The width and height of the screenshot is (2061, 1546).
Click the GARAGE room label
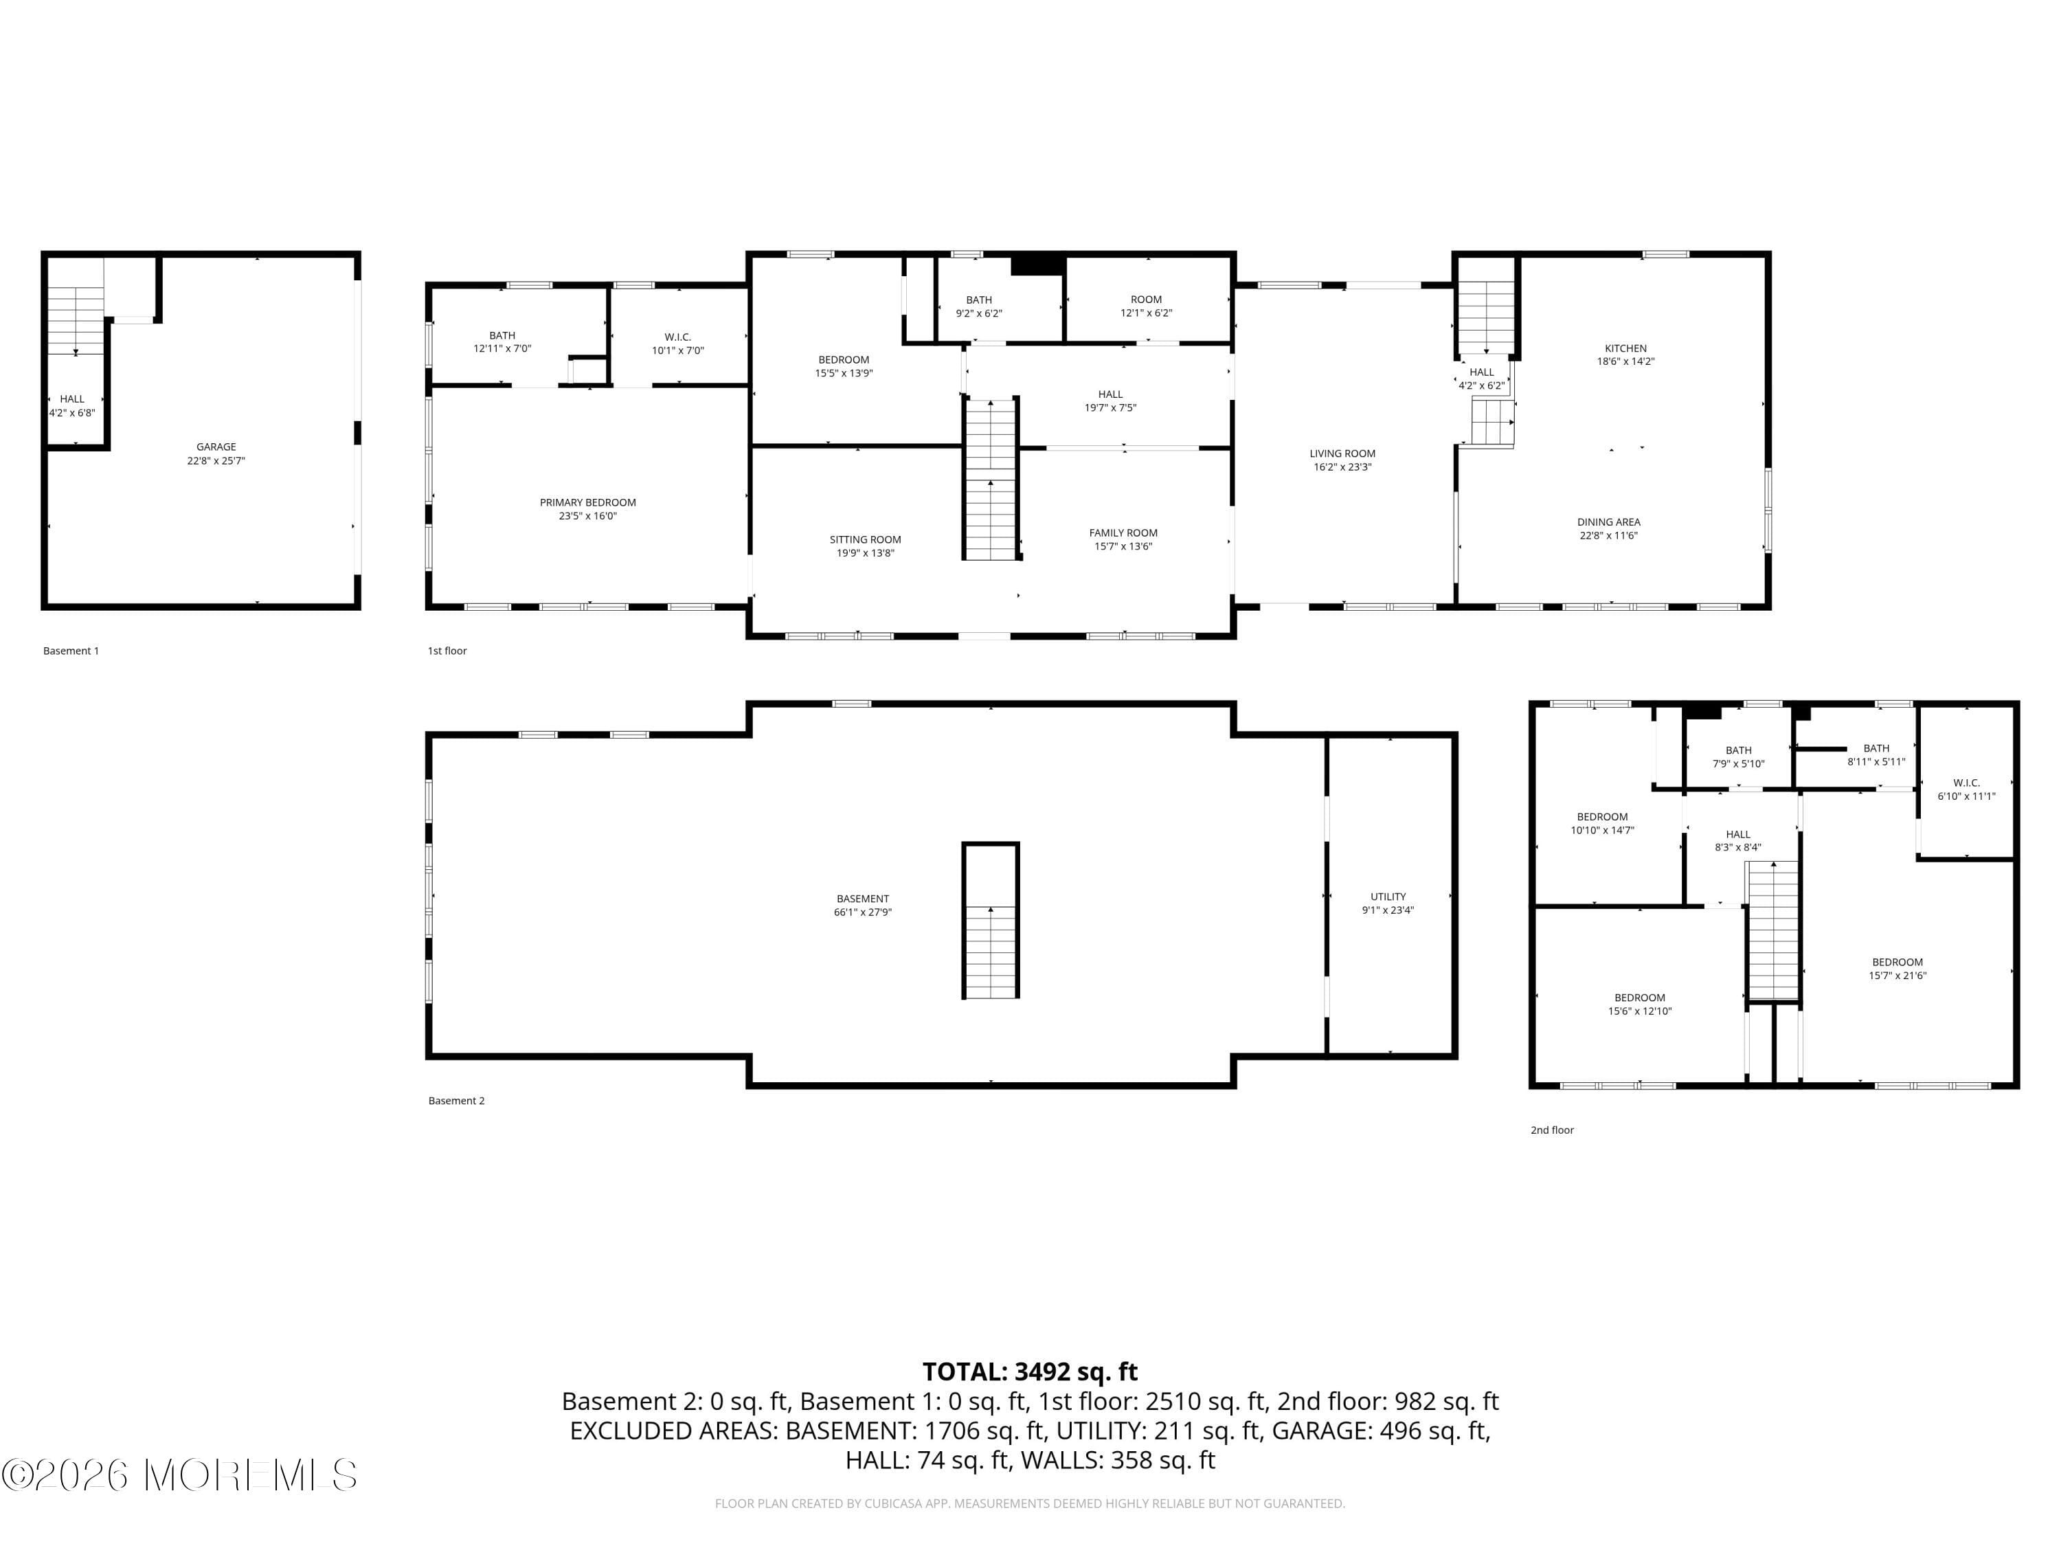coord(216,447)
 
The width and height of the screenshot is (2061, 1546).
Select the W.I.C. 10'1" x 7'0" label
coord(677,344)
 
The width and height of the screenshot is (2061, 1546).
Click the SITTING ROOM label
coord(865,539)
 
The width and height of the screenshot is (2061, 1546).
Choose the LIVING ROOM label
coord(1342,453)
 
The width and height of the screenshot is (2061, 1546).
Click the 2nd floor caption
coord(1551,1130)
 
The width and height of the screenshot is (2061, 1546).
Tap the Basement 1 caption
coord(71,651)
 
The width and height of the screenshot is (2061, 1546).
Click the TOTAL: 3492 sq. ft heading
coord(1030,1371)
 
